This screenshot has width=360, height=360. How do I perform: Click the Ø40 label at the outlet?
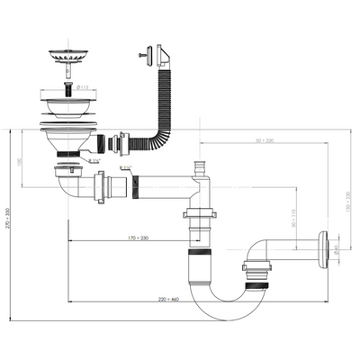click(x=335, y=249)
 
